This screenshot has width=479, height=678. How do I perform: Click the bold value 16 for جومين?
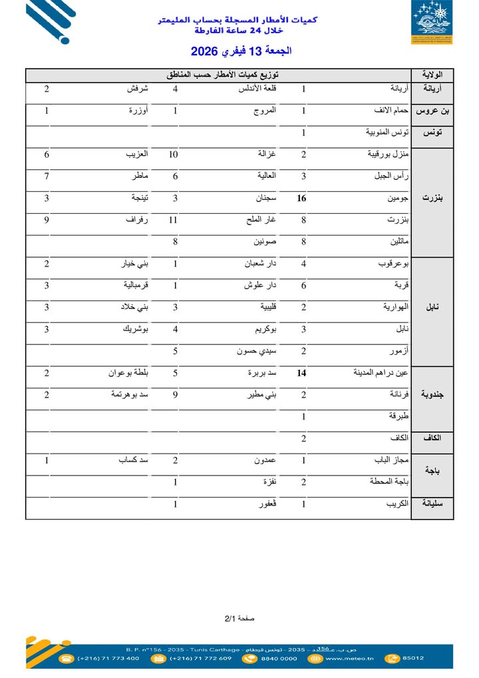click(302, 198)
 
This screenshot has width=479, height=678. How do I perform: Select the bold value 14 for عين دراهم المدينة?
click(302, 373)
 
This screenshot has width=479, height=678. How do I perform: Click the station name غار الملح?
click(262, 220)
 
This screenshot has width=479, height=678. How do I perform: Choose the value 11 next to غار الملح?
click(174, 220)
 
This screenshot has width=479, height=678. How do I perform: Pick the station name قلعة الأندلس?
click(257, 88)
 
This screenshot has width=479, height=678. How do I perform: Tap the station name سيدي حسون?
click(256, 351)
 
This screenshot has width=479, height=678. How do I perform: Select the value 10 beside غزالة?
click(174, 155)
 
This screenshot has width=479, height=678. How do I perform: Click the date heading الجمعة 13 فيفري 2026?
click(241, 51)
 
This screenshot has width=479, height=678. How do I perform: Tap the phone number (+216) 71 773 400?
click(108, 658)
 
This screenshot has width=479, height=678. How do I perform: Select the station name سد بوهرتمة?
click(130, 394)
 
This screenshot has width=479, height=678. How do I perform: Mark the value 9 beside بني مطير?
click(176, 394)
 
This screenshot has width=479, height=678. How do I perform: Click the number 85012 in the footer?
click(413, 658)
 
